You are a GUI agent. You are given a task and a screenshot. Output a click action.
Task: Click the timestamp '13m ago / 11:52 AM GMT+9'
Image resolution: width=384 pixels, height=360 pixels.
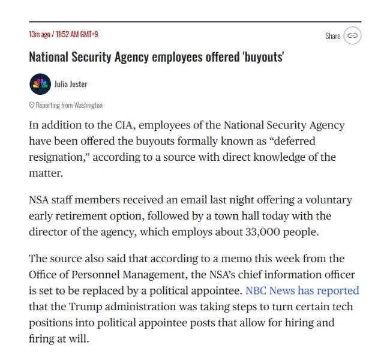(x=64, y=34)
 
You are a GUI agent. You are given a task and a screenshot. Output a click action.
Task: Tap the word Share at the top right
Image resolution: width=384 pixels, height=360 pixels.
(x=333, y=36)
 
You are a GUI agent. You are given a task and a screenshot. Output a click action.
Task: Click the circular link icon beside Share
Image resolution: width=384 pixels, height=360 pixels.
(x=352, y=36)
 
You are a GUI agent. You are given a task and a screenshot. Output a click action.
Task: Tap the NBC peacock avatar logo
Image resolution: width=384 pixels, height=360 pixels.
(x=40, y=84)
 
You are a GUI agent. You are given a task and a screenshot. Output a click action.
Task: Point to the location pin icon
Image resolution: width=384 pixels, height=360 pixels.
(x=32, y=105)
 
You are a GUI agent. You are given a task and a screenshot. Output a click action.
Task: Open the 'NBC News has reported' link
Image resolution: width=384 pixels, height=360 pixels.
(x=302, y=291)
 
